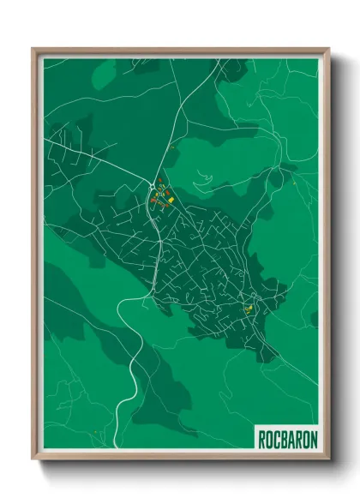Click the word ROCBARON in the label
(x=288, y=439)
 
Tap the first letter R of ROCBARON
(x=262, y=439)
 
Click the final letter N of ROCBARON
(x=314, y=439)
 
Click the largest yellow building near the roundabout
(x=170, y=201)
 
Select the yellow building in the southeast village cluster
(x=249, y=309)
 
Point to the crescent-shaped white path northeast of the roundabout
(x=203, y=182)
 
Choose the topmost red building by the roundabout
(x=159, y=181)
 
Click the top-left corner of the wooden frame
(x=33, y=49)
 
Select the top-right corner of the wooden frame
(x=328, y=49)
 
